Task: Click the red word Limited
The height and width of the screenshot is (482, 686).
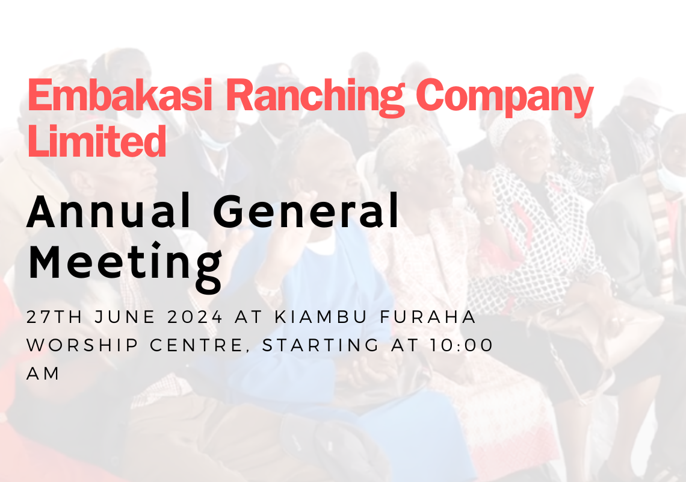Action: click(x=96, y=141)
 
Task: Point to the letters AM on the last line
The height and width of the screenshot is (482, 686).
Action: click(x=43, y=374)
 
